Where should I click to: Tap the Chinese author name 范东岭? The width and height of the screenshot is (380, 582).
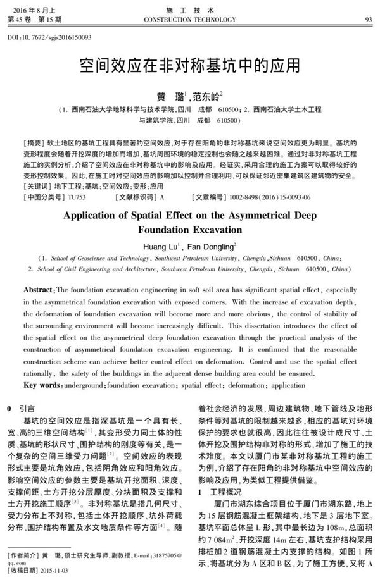[x=205, y=95]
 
